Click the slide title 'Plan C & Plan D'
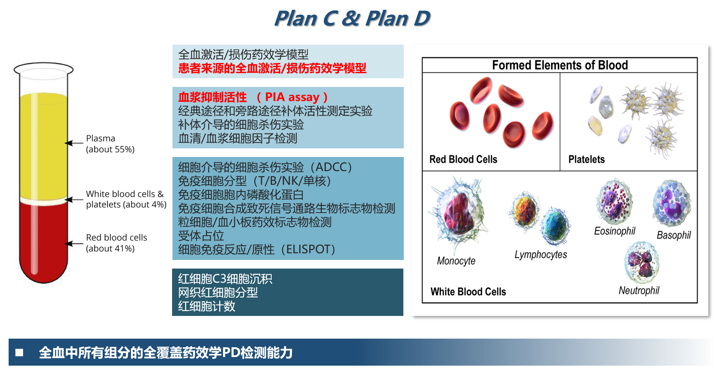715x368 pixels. [352, 18]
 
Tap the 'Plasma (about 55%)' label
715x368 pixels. [110, 144]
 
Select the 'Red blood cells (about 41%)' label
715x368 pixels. [116, 243]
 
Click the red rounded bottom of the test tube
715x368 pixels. [43, 270]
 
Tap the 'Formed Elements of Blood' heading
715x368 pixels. [560, 65]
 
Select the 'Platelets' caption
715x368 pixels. [586, 159]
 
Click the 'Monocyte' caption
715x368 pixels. [456, 261]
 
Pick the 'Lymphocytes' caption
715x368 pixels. [541, 254]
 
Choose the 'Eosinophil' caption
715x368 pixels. [615, 231]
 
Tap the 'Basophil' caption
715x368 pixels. [673, 235]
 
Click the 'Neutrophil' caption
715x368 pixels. [639, 290]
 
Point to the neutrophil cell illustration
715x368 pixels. [642, 262]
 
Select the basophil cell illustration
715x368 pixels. [672, 203]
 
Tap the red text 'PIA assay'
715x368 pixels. [292, 97]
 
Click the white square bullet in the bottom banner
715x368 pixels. [19, 353]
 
